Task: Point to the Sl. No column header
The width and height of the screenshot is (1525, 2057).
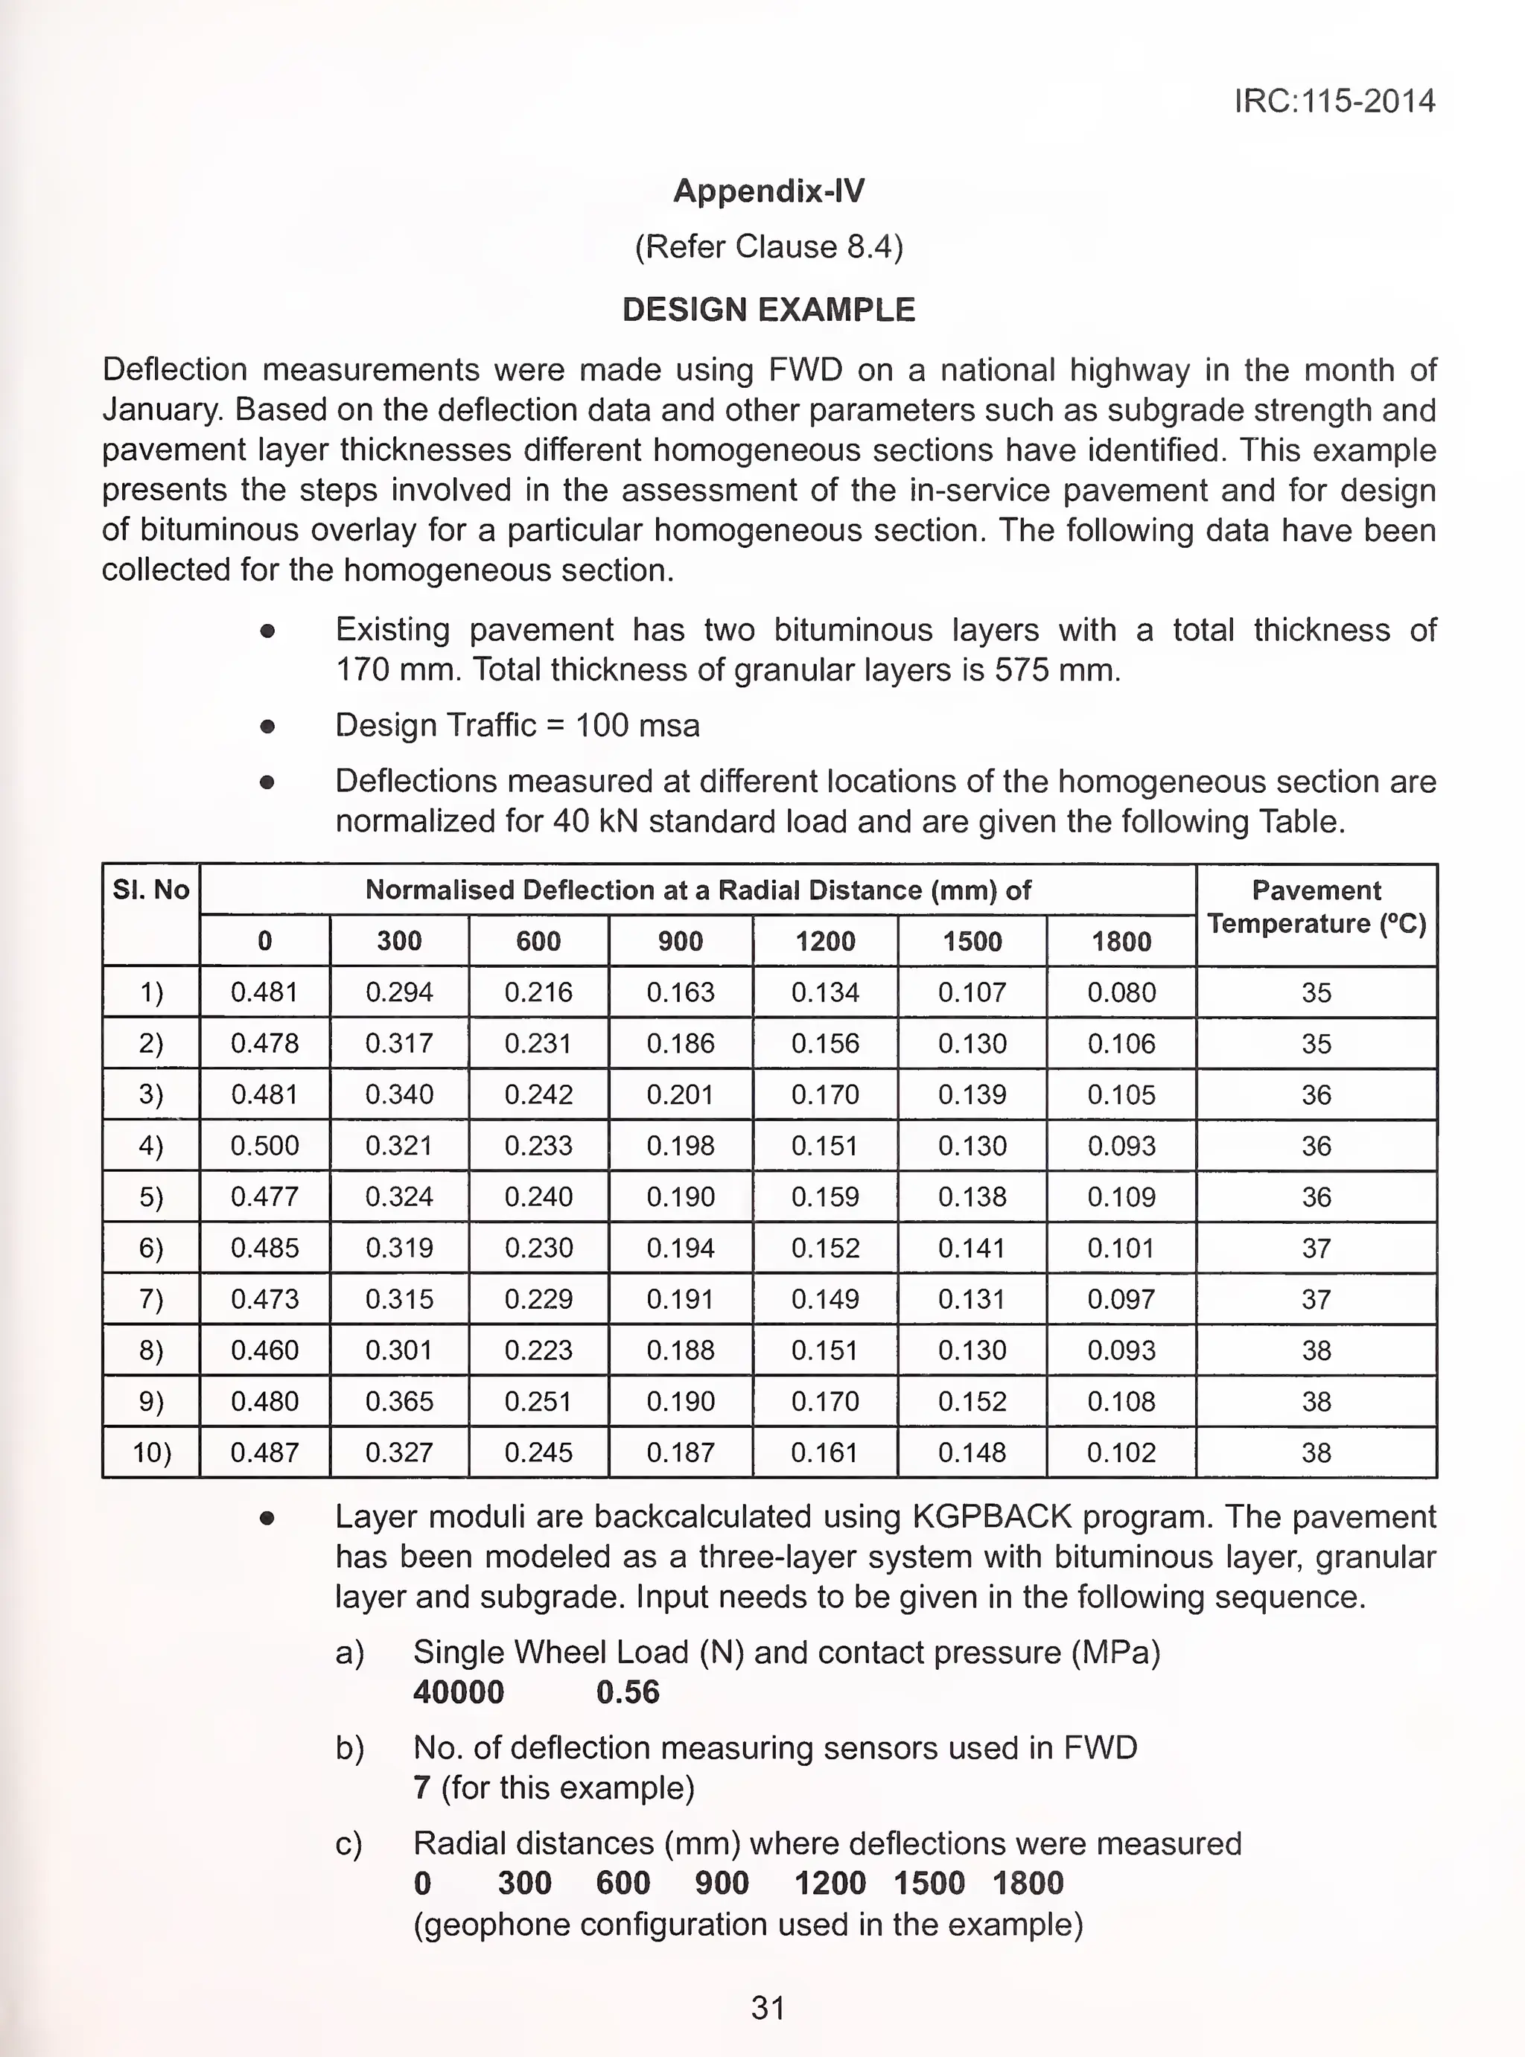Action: tap(150, 890)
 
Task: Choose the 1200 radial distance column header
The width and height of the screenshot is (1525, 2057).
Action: tap(824, 941)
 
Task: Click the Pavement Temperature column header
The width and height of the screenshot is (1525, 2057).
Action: tap(1316, 906)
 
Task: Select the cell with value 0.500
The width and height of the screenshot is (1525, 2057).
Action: tap(264, 1145)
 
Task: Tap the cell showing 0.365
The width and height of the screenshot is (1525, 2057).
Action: tap(399, 1401)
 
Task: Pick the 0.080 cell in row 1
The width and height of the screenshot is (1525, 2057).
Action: tap(1121, 992)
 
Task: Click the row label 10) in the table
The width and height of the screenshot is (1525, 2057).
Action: tap(150, 1452)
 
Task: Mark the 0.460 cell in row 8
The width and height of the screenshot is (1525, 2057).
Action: tap(264, 1350)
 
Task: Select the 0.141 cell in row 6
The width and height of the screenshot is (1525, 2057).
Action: tap(971, 1248)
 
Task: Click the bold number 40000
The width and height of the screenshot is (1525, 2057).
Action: tap(458, 1692)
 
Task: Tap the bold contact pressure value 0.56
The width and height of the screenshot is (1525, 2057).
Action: tap(628, 1692)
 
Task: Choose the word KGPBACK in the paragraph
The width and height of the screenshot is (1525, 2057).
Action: tap(991, 1517)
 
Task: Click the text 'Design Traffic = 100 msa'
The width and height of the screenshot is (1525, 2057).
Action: tap(517, 725)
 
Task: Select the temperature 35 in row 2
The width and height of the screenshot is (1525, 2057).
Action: tap(1316, 1044)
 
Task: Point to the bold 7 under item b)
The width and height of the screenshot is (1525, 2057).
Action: tap(422, 1788)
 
